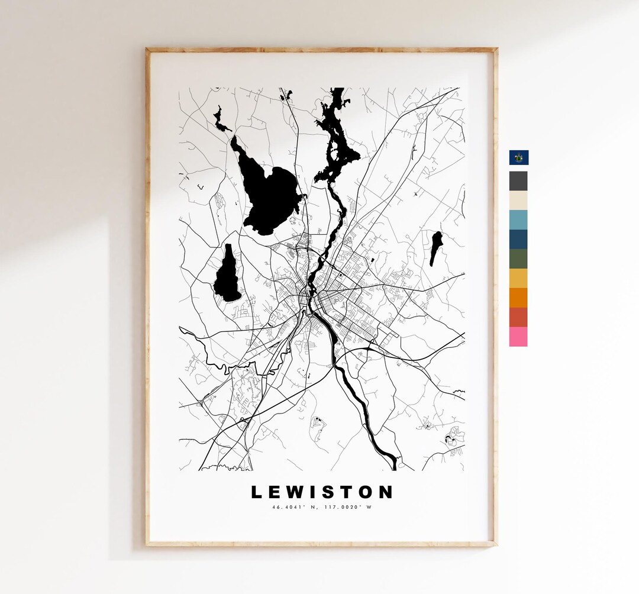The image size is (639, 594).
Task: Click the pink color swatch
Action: coord(518,337)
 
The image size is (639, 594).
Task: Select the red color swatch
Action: coord(518,317)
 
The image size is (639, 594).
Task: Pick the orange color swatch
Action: coord(518,298)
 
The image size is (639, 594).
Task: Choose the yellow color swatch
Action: coord(518,278)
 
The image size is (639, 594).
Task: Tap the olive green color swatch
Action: coord(518,259)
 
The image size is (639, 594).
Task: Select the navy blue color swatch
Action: coord(518,239)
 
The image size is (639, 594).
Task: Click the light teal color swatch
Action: coord(518,219)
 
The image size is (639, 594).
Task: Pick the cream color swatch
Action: coord(518,200)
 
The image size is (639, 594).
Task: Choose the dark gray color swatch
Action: coord(518,180)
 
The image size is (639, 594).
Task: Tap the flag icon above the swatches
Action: coord(519,157)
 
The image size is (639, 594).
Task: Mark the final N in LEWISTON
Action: coord(385,492)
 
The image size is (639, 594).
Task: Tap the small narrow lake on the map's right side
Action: coord(436,246)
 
